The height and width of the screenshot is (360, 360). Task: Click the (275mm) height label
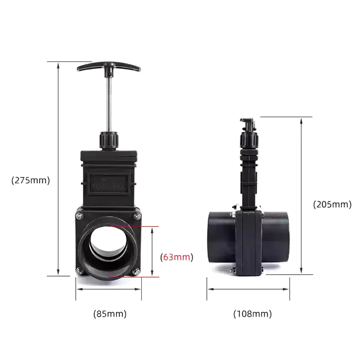31,180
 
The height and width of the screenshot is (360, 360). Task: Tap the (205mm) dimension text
332,204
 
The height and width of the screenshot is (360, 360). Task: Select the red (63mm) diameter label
177,257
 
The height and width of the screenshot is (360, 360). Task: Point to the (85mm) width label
110,313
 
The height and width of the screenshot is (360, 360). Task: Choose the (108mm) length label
252,313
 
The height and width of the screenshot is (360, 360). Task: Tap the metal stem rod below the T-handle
108,104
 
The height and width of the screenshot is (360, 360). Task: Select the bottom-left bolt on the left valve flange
80,270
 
